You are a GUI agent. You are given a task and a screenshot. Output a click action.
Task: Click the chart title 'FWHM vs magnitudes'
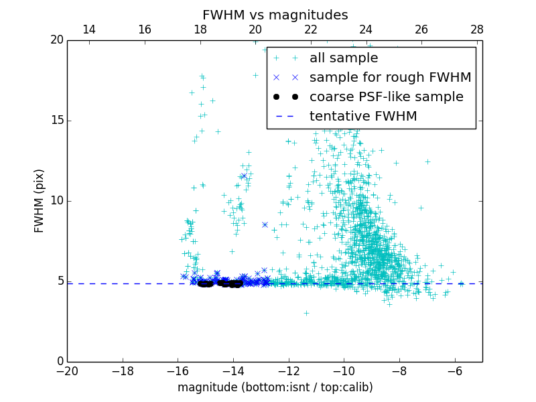tap(275, 15)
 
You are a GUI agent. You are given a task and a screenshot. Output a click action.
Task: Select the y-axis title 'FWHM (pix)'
tap(40, 200)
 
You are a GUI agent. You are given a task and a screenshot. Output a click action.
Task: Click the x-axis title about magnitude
tap(275, 387)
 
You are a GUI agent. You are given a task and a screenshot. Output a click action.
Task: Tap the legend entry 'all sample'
tap(344, 58)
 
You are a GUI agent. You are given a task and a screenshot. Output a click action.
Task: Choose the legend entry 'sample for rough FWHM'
tap(390, 78)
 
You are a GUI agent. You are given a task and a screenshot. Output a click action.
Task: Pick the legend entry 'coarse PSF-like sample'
tap(386, 97)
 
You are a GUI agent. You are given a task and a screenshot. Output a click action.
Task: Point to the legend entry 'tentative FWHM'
tap(363, 117)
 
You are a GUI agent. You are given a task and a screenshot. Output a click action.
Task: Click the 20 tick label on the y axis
tap(56, 40)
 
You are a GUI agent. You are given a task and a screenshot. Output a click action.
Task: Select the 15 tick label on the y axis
tap(56, 121)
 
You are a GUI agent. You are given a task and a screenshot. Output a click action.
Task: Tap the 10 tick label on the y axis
tap(56, 201)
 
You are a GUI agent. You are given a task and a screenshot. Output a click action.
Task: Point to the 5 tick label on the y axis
tap(59, 281)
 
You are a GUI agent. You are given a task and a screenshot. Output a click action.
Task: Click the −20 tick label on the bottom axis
tap(67, 371)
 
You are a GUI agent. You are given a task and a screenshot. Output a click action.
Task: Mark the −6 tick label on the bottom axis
tap(455, 371)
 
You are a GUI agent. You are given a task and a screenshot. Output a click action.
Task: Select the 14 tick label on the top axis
tap(88, 29)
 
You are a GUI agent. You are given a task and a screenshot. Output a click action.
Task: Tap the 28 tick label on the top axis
tap(477, 29)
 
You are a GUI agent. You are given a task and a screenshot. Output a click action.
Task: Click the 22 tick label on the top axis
tap(311, 29)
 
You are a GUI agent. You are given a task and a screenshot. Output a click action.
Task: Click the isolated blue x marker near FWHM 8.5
tap(265, 225)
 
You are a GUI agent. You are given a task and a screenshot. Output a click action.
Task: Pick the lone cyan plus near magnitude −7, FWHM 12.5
tap(427, 161)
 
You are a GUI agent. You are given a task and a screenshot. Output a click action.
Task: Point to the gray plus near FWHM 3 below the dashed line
tap(306, 313)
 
